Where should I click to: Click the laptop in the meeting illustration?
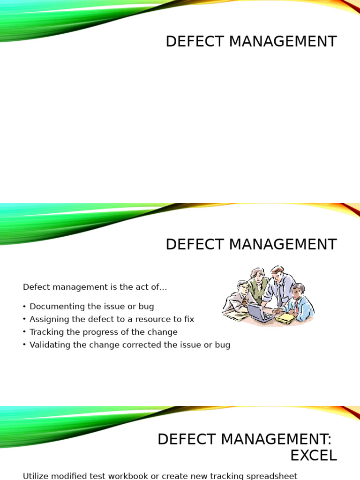click(260, 312)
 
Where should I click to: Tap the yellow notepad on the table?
click(285, 318)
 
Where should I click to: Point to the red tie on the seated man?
click(296, 307)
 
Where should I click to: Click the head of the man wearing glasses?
click(243, 287)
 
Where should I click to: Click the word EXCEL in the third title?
click(313, 455)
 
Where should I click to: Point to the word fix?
click(189, 319)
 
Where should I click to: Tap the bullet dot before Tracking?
click(24, 332)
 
